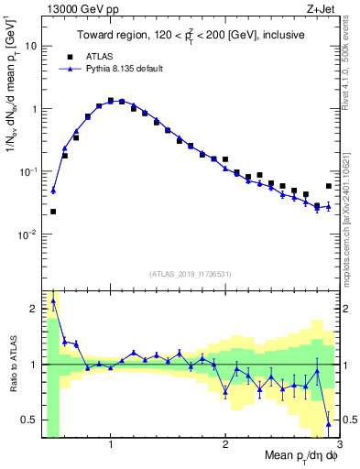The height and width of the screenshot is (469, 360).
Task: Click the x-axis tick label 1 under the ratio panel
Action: [111, 443]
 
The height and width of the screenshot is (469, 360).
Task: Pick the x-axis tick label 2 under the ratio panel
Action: [225, 443]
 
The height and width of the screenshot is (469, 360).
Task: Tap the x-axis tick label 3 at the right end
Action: [338, 443]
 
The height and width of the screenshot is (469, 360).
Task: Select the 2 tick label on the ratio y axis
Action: [31, 309]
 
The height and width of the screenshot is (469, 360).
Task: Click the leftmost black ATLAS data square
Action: [53, 212]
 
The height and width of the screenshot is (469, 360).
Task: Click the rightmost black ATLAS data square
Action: [329, 186]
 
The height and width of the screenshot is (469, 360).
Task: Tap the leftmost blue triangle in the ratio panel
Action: [53, 300]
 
